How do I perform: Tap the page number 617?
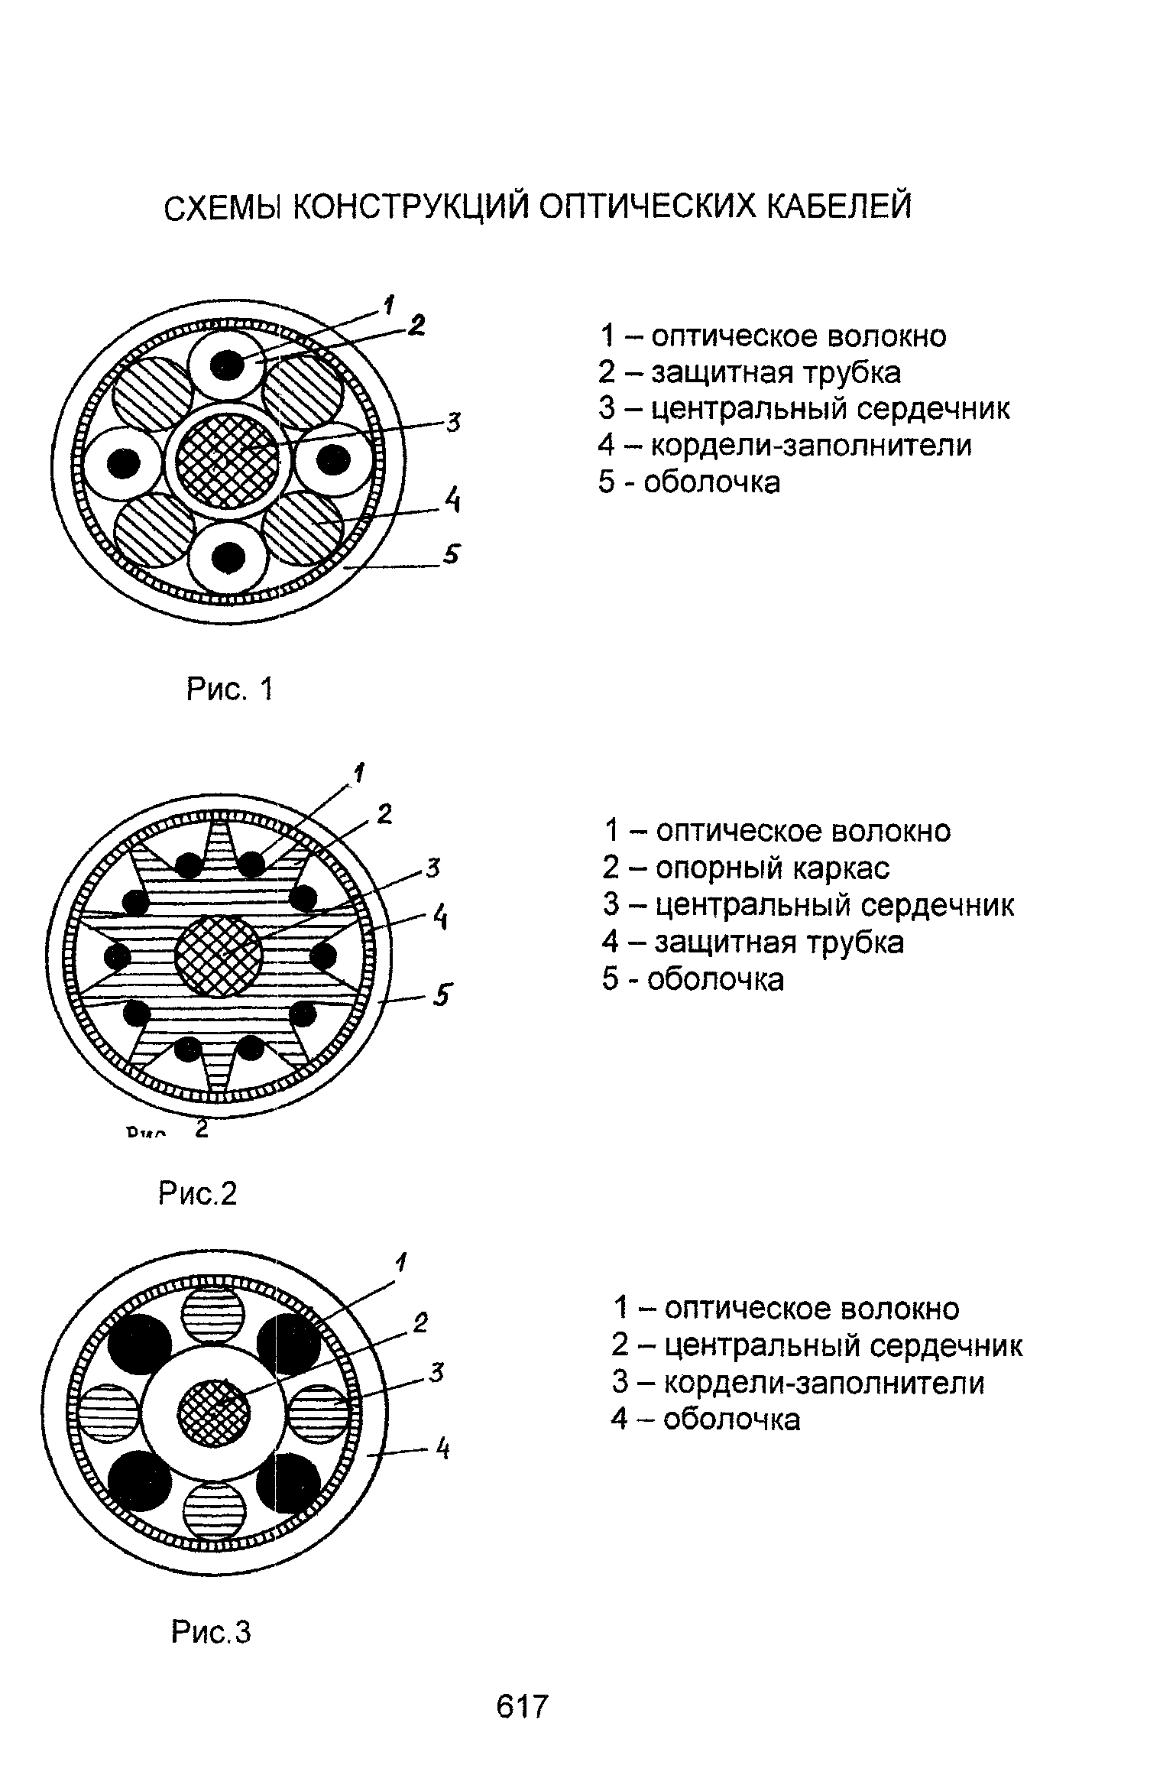(523, 1705)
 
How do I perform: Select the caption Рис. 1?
(229, 689)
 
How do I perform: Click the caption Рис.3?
(211, 1632)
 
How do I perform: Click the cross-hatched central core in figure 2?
(219, 956)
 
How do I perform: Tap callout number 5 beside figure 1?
(452, 553)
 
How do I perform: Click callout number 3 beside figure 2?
(432, 868)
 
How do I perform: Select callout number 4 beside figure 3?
(442, 1449)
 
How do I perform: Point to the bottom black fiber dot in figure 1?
(227, 556)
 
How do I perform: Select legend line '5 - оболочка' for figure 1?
(690, 482)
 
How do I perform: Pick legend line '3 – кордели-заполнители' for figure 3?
(798, 1383)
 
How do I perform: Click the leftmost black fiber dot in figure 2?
(117, 956)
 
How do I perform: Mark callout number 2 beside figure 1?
(416, 326)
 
